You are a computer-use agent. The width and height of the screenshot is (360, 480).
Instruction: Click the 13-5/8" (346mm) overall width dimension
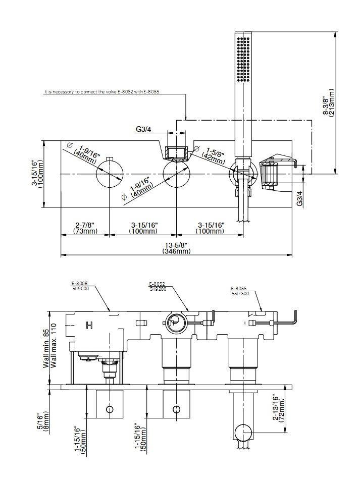176,248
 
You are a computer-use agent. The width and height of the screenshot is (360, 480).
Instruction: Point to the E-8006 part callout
79,285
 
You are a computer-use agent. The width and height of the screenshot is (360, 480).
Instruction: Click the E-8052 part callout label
157,285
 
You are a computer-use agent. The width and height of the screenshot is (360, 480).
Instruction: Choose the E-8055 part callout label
239,290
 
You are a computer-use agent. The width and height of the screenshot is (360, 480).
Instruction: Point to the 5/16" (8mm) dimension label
43,420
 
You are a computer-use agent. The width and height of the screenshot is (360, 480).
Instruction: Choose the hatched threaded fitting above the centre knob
176,152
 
